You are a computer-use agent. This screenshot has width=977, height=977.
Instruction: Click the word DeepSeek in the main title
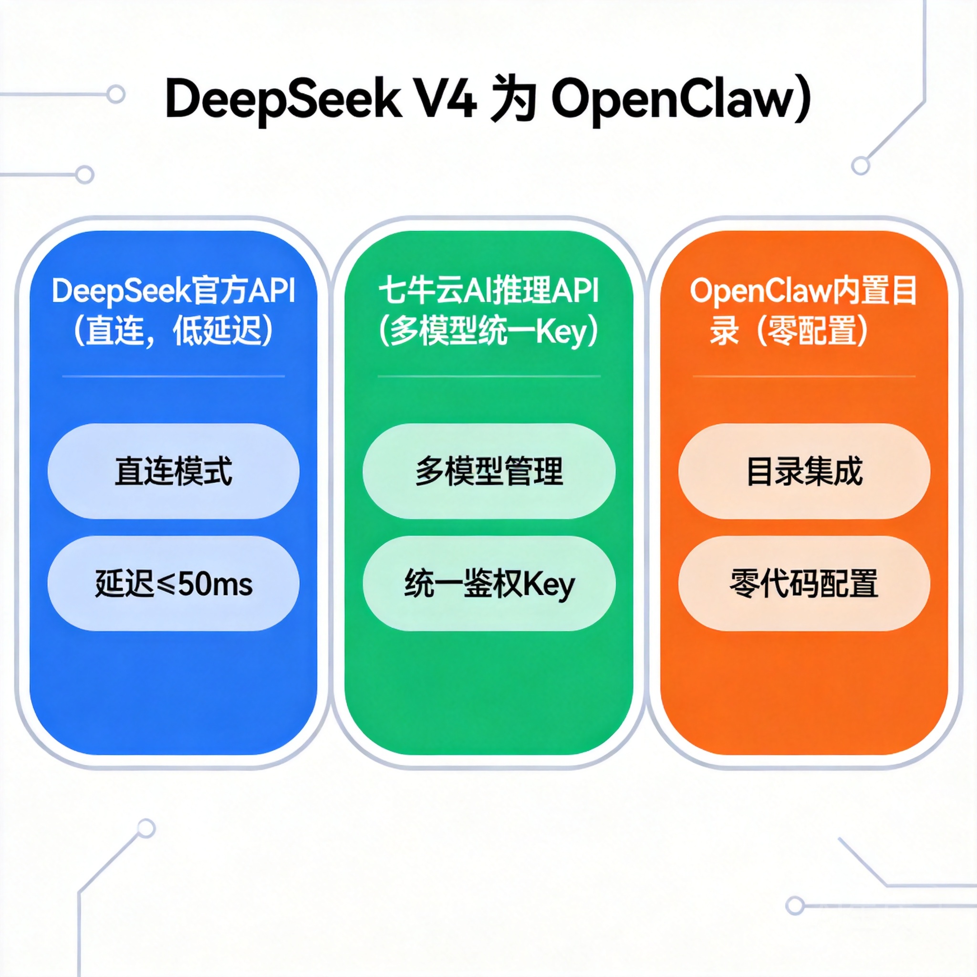click(x=283, y=100)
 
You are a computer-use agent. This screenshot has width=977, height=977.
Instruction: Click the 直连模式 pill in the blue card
click(x=174, y=471)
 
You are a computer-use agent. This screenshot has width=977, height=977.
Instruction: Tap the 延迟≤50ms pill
click(x=174, y=583)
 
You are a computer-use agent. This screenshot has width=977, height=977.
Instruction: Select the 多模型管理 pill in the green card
click(x=489, y=471)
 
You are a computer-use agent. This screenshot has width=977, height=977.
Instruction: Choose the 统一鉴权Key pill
click(x=489, y=583)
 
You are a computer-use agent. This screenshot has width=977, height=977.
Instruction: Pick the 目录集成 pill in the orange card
click(x=804, y=471)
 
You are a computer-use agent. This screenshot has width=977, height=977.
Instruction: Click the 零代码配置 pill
click(x=804, y=583)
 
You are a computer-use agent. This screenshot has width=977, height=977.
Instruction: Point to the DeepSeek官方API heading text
click(x=174, y=291)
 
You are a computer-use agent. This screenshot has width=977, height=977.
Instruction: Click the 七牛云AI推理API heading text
click(x=489, y=291)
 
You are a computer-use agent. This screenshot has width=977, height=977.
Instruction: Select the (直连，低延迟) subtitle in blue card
click(x=174, y=332)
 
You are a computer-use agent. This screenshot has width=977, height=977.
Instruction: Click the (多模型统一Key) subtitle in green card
click(x=489, y=332)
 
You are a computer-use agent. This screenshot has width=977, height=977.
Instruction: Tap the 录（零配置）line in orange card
click(x=789, y=332)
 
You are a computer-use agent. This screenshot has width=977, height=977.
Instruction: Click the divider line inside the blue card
click(x=174, y=376)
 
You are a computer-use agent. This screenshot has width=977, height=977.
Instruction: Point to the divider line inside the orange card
click(x=804, y=376)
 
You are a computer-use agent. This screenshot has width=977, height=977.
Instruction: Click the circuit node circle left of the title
click(x=116, y=94)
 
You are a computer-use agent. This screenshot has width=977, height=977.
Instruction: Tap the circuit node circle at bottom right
click(x=794, y=905)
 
